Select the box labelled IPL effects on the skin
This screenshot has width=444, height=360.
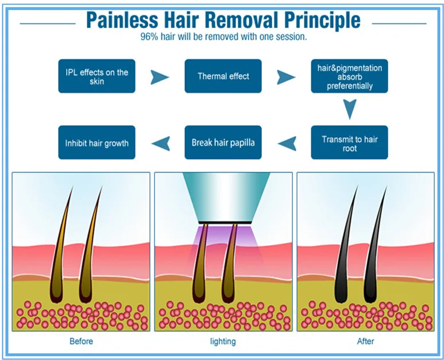point(96,76)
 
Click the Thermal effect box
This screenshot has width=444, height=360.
point(223,76)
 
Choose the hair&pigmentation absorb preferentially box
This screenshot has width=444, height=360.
point(349,76)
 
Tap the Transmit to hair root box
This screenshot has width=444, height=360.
point(349,142)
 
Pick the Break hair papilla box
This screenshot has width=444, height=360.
point(223,142)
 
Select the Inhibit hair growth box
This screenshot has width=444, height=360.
point(96,142)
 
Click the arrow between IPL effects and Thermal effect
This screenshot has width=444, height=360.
point(160,76)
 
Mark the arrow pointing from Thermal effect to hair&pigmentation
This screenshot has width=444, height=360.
point(286,76)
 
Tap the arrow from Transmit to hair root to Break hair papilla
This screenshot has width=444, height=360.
point(286,143)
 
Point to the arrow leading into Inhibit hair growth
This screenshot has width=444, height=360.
point(160,143)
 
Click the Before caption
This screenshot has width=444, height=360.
point(81,342)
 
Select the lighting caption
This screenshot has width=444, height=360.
point(223,342)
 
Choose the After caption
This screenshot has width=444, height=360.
point(365,342)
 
